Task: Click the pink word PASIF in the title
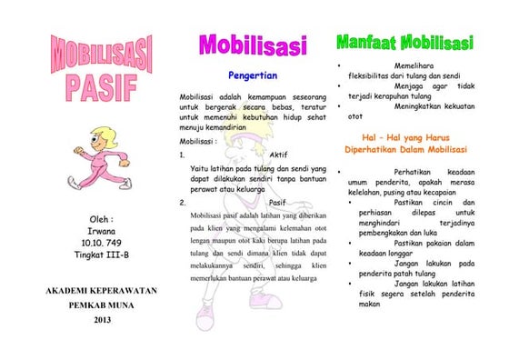tap(102, 86)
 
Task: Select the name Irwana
tap(102, 231)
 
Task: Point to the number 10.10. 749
tap(102, 243)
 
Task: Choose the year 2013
tap(102, 319)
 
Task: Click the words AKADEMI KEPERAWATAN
tap(102, 291)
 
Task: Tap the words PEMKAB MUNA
tap(102, 305)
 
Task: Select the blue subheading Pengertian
tap(253, 75)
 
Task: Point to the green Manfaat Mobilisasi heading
tap(404, 43)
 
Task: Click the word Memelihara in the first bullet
tap(417, 66)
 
